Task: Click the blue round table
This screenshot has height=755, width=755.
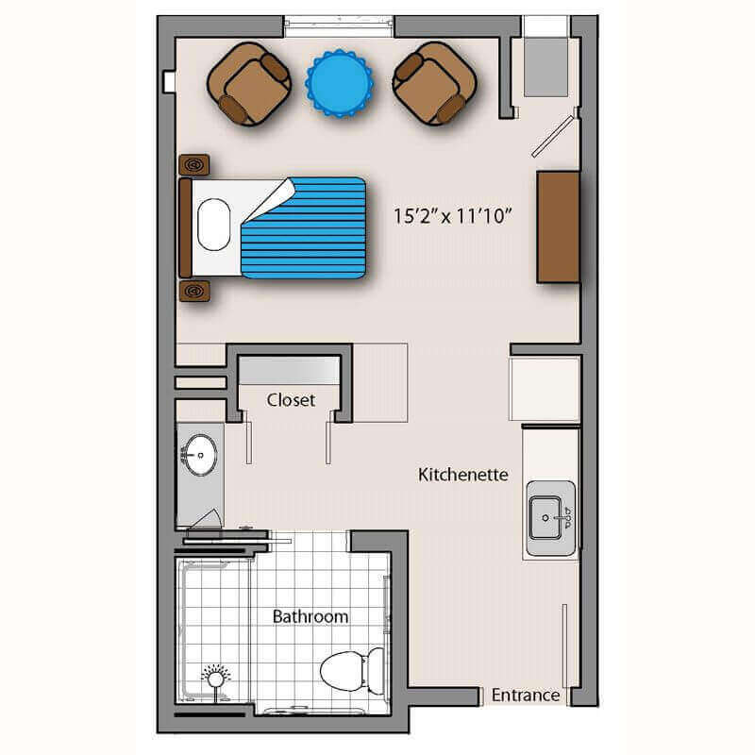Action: (x=340, y=83)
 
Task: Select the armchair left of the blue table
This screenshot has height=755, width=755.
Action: (x=249, y=84)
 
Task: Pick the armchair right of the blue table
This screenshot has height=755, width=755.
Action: (x=435, y=84)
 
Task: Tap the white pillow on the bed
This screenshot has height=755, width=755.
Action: (x=214, y=225)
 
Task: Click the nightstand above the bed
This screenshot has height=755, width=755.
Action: (x=194, y=164)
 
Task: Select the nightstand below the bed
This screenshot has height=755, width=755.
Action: (x=194, y=292)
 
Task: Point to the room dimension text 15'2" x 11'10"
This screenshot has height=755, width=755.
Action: (x=453, y=216)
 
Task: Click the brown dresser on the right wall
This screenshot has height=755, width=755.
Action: (x=558, y=226)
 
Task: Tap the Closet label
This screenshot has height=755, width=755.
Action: (x=291, y=399)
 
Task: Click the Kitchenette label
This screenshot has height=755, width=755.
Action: (x=463, y=475)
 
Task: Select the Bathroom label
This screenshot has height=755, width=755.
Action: (x=310, y=616)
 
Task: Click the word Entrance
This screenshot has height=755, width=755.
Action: (x=526, y=696)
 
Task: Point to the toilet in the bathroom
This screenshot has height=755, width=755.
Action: (x=353, y=671)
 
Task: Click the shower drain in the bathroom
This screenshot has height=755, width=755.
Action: (x=215, y=679)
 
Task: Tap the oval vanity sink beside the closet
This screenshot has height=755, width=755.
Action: (x=199, y=455)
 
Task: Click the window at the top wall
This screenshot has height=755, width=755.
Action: (x=339, y=26)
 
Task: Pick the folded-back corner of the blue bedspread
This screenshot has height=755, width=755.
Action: (x=269, y=200)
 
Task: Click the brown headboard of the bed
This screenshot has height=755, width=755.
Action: (x=185, y=227)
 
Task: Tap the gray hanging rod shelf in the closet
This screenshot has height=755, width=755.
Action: (x=290, y=370)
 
